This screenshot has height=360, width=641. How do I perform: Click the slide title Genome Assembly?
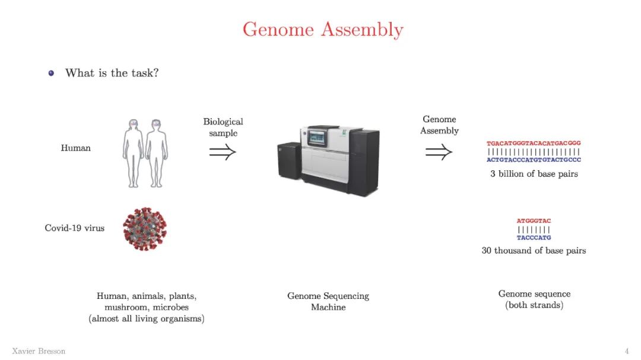click(x=323, y=29)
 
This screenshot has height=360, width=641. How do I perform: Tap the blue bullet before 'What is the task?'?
click(x=51, y=73)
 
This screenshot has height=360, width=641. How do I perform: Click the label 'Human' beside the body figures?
click(x=76, y=148)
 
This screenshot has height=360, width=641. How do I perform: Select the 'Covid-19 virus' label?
click(x=75, y=228)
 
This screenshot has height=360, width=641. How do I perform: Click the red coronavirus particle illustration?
click(x=145, y=228)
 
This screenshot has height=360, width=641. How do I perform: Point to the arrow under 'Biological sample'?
click(x=223, y=152)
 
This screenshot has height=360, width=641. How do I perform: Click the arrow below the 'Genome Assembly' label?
click(x=439, y=152)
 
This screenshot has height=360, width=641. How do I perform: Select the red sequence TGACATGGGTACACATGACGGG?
click(x=534, y=144)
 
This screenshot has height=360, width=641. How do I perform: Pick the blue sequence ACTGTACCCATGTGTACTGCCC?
click(x=534, y=160)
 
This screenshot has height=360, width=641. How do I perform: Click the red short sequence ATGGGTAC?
click(x=534, y=221)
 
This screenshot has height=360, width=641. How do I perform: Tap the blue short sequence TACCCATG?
click(x=534, y=237)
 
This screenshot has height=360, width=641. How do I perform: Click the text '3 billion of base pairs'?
click(x=534, y=174)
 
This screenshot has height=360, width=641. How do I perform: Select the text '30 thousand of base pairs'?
click(x=534, y=250)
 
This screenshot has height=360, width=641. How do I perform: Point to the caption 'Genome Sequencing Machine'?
click(x=328, y=301)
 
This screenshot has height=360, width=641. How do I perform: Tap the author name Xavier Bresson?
click(x=39, y=351)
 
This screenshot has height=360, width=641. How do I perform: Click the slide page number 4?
click(x=626, y=351)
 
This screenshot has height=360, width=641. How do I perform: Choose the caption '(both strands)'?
click(x=534, y=305)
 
